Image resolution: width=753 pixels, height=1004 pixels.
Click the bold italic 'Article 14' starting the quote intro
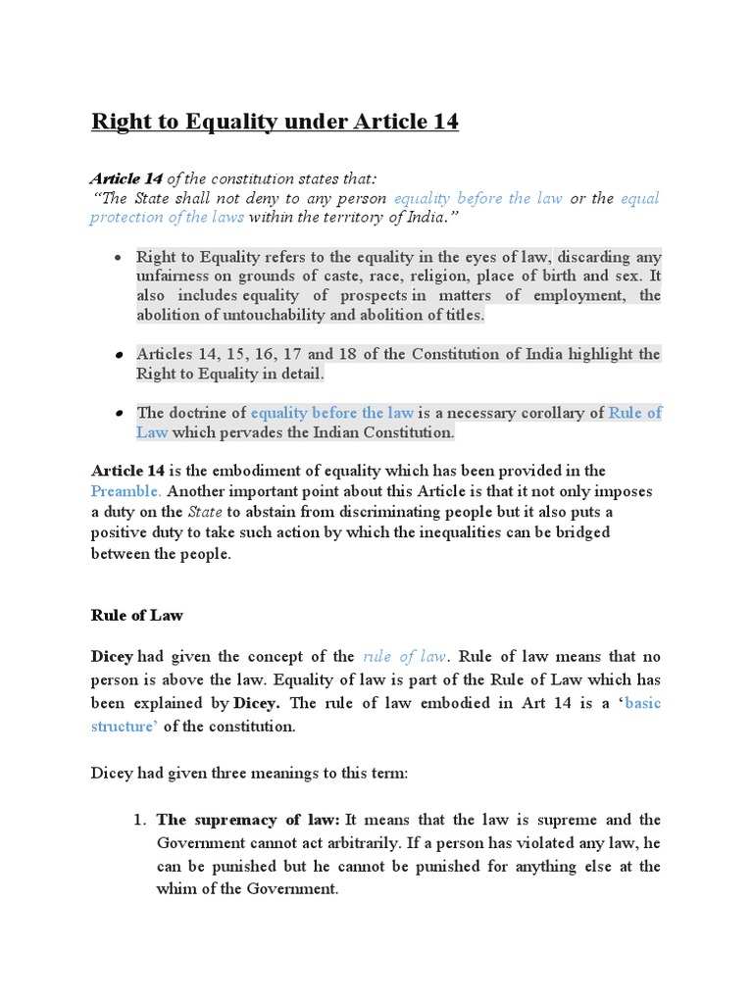pos(126,178)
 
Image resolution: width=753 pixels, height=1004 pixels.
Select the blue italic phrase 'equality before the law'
pos(477,198)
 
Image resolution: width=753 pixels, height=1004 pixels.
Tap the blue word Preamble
pos(126,490)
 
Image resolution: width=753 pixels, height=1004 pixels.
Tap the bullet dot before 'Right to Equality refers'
pos(118,257)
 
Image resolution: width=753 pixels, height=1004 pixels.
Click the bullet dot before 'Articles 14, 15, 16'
pos(118,354)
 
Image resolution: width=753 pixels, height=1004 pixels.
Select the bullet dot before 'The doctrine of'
pos(118,413)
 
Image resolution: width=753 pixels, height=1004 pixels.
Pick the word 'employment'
pos(572,296)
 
